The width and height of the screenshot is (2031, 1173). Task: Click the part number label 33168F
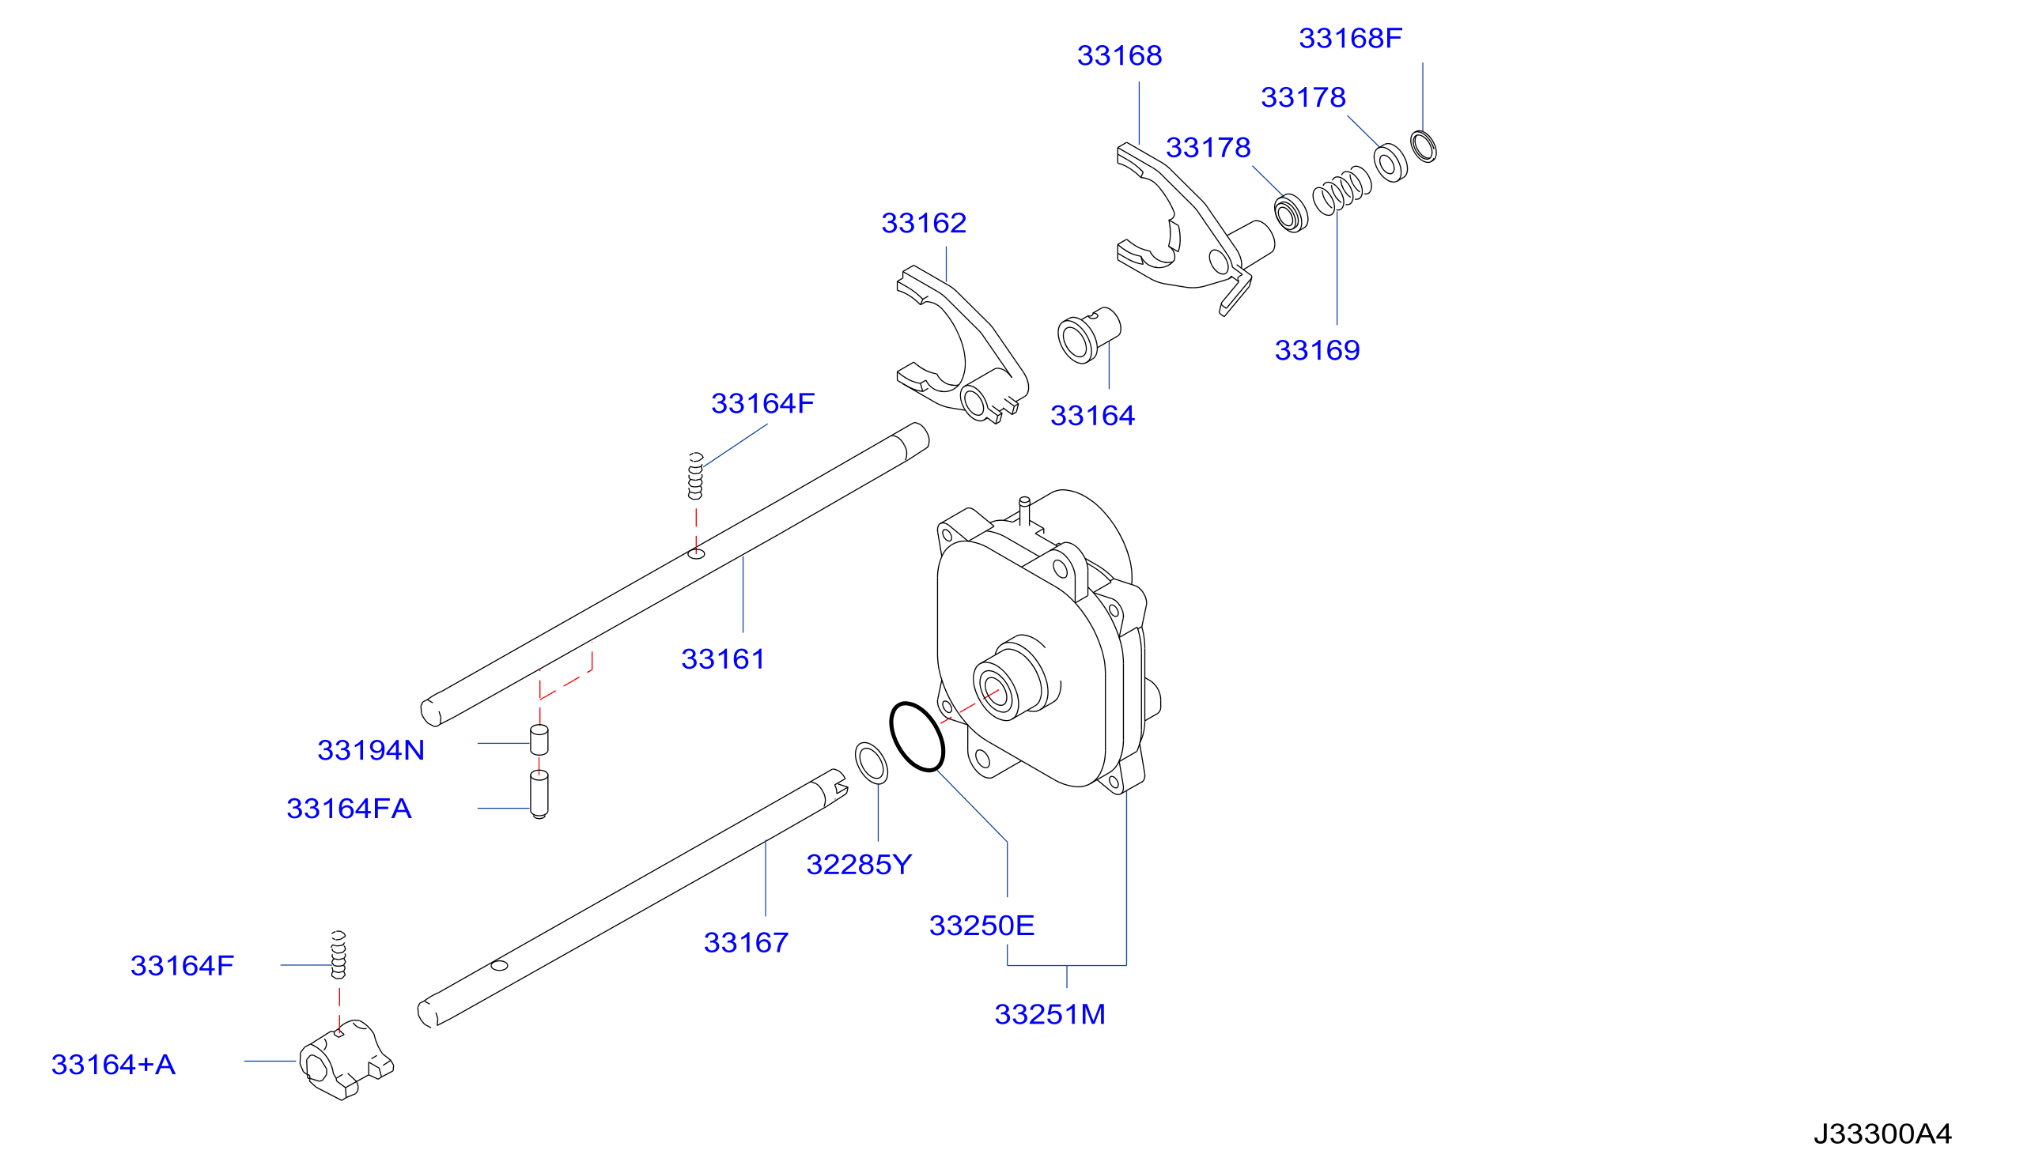pyautogui.click(x=1351, y=38)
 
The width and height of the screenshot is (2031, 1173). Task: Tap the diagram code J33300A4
pyautogui.click(x=1882, y=1134)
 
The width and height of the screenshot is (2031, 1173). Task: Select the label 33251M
pyautogui.click(x=1050, y=1014)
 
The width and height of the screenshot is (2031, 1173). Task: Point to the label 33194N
pyautogui.click(x=371, y=750)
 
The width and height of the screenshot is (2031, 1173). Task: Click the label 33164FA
pyautogui.click(x=349, y=808)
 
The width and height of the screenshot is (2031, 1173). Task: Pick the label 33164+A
pyautogui.click(x=114, y=1064)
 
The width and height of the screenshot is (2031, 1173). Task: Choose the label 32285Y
pyautogui.click(x=859, y=865)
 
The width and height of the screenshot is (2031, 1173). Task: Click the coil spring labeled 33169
pyautogui.click(x=1342, y=190)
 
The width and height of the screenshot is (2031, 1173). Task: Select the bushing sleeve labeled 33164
pyautogui.click(x=1089, y=335)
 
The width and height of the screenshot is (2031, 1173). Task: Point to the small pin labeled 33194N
pyautogui.click(x=539, y=741)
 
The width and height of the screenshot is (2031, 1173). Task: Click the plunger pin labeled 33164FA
pyautogui.click(x=539, y=794)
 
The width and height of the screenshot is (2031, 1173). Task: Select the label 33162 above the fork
pyautogui.click(x=925, y=223)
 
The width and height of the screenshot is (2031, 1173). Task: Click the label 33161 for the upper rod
pyautogui.click(x=724, y=659)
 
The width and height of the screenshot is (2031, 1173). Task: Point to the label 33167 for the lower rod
pyautogui.click(x=747, y=942)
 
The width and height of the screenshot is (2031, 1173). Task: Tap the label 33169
pyautogui.click(x=1318, y=350)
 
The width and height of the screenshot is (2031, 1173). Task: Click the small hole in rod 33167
pyautogui.click(x=500, y=965)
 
